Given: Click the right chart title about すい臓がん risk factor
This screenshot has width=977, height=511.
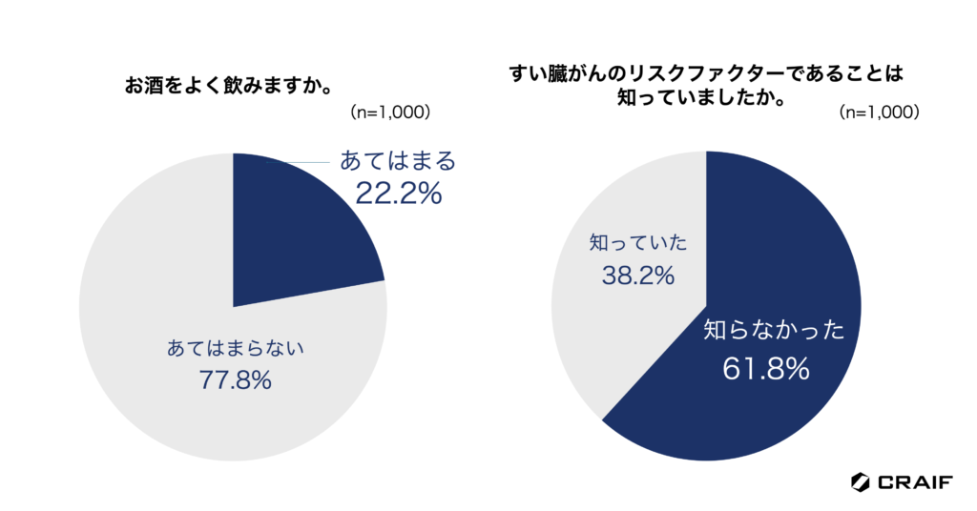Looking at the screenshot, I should click(705, 86).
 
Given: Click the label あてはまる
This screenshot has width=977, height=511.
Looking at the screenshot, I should click(399, 160).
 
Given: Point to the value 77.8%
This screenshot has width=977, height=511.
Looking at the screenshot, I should click(236, 380).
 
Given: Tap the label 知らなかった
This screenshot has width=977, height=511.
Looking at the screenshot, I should click(775, 331).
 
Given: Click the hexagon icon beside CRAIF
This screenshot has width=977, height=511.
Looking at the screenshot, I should click(860, 482).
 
